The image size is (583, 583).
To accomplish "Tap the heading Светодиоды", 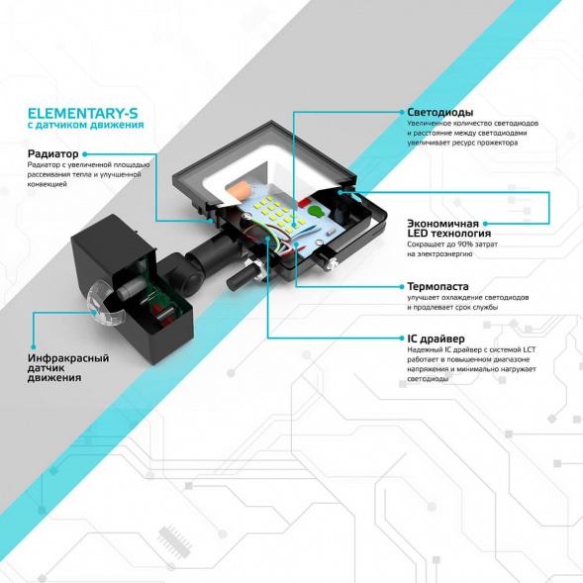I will point(439,112).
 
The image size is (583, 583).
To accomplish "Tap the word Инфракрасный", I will point(68,358).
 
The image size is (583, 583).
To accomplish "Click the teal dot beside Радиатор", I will point(86,154).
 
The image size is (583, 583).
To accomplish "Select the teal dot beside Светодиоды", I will point(399,112).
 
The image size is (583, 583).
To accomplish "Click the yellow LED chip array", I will point(274,211).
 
